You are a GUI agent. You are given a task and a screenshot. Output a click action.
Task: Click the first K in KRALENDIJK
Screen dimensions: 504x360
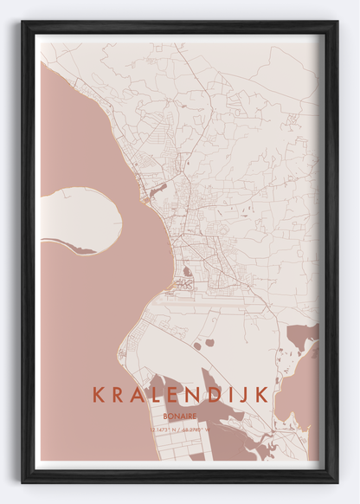coord(98,395)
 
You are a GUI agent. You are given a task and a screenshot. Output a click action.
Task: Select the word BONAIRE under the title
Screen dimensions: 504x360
coord(180,415)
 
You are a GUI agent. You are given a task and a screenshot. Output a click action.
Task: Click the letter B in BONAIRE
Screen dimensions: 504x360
coord(165,415)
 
